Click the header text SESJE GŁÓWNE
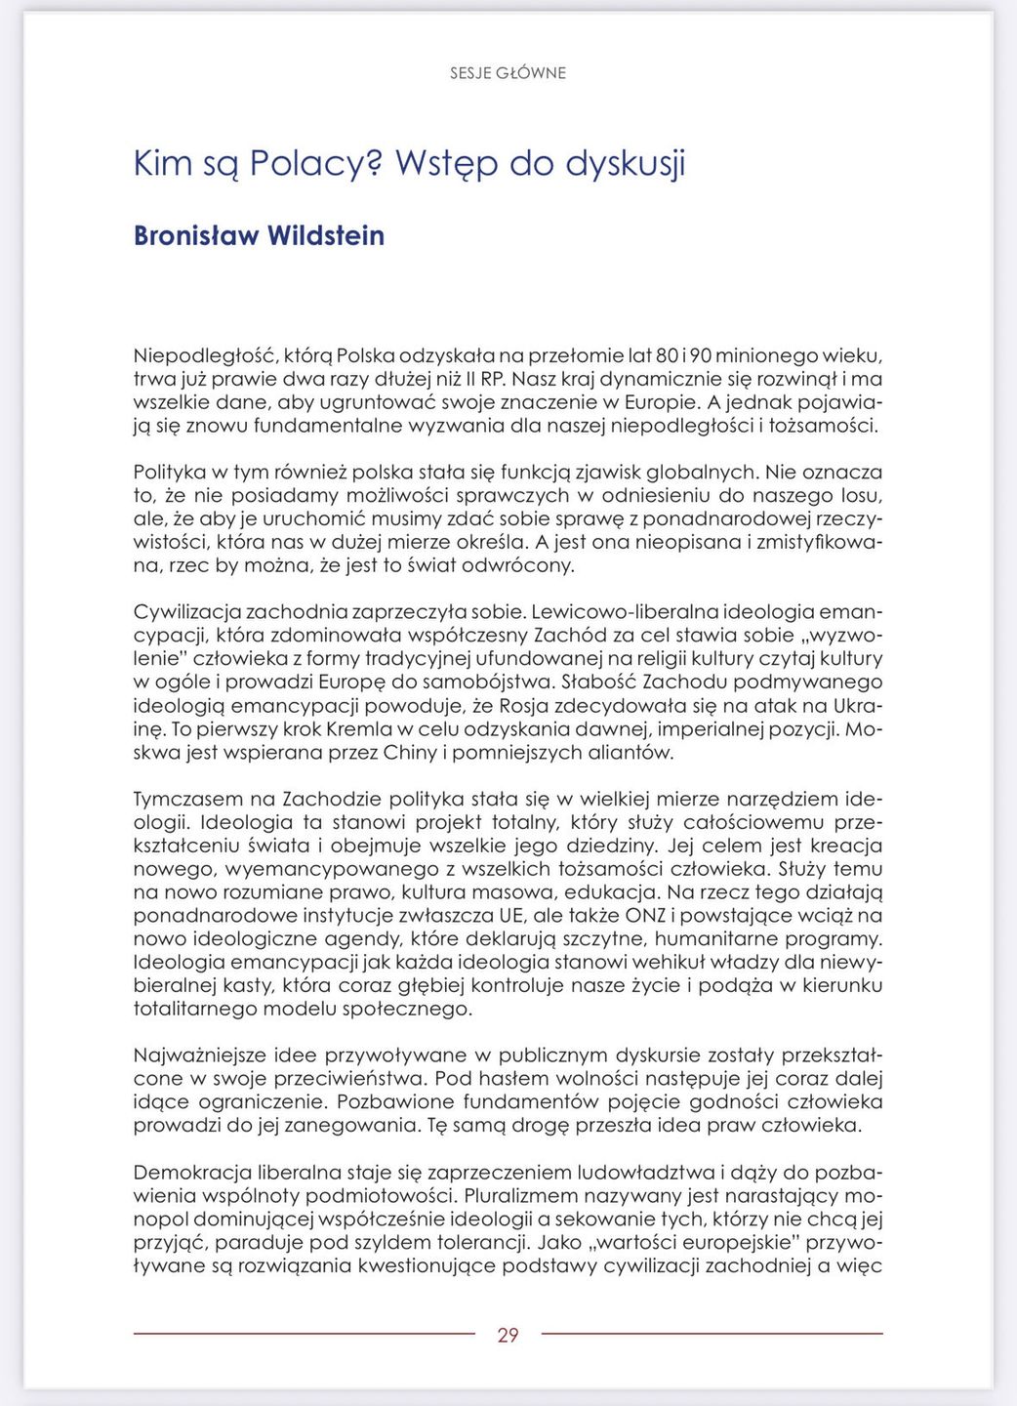click(x=508, y=73)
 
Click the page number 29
click(x=508, y=1335)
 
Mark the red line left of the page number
click(x=304, y=1333)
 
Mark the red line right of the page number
click(x=712, y=1333)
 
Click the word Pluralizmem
click(x=531, y=1196)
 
